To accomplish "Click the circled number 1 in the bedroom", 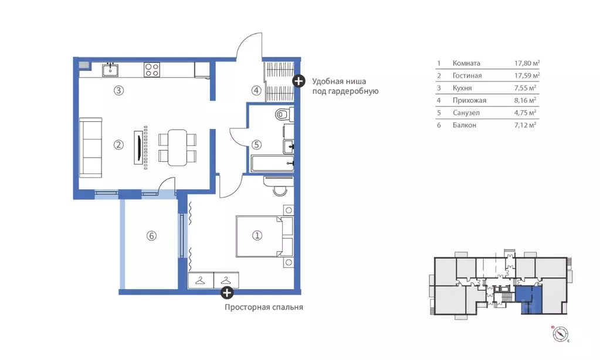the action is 257,235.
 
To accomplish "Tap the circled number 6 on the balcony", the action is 151,236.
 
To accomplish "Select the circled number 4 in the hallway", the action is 256,90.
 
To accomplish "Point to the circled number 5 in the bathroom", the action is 256,145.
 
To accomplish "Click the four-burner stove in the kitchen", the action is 152,70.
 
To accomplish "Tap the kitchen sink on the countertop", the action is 110,70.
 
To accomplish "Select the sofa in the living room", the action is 91,148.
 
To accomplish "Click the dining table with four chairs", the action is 178,148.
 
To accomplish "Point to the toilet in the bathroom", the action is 284,114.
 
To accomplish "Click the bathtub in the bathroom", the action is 273,164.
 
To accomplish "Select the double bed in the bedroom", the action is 265,236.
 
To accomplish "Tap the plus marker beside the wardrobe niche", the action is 299,81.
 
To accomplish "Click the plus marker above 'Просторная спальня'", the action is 228,293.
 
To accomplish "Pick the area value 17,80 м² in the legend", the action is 527,63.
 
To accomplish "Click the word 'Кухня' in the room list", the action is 462,88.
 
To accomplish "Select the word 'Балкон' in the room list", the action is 465,125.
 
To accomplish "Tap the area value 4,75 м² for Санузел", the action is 526,113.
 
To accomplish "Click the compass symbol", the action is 561,334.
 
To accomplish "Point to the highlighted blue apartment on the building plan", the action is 528,301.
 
